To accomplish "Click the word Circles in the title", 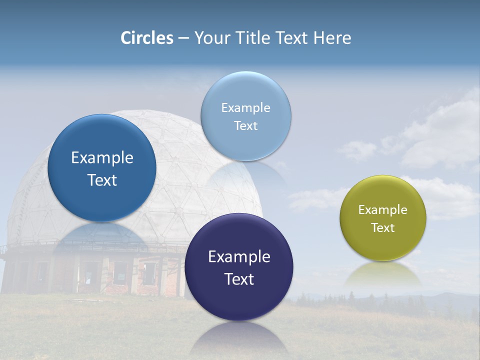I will [x=147, y=38].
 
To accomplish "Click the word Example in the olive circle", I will [x=383, y=210].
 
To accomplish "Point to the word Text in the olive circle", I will [x=383, y=228].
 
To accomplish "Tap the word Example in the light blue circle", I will [x=245, y=108].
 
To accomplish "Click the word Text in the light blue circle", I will [x=245, y=126].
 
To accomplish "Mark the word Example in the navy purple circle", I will [x=239, y=257].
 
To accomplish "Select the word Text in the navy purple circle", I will [x=239, y=279].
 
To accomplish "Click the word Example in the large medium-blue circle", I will [x=102, y=158].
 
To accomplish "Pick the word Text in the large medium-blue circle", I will [x=102, y=180].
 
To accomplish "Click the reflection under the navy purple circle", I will [x=239, y=337].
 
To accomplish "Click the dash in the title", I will [x=183, y=38].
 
